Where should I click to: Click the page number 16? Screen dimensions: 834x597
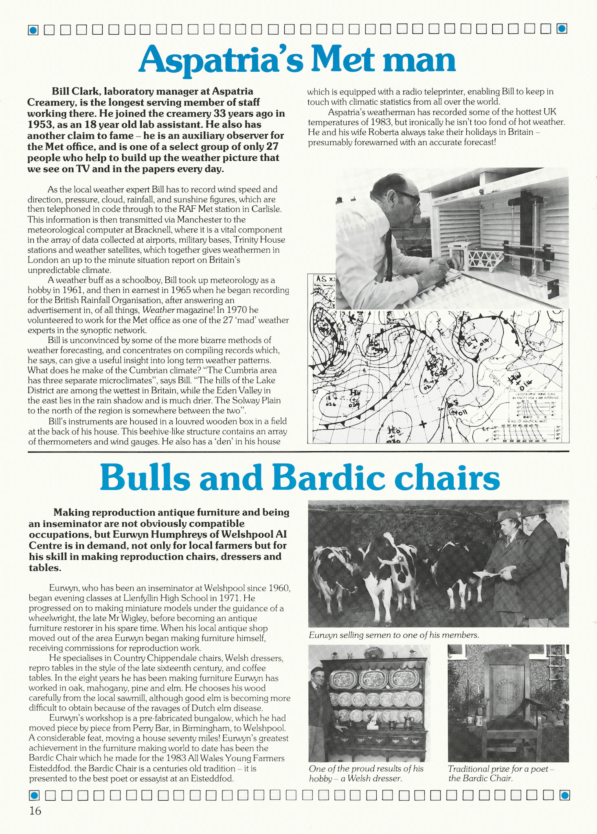(x=35, y=811)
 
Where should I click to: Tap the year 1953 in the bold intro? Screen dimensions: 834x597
(x=40, y=125)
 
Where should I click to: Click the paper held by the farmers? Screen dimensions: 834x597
(x=487, y=574)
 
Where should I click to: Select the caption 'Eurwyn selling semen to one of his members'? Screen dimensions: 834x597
(x=393, y=635)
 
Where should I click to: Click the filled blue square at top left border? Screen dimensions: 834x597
(x=33, y=30)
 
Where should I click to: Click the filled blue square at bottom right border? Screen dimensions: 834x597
(x=564, y=795)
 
